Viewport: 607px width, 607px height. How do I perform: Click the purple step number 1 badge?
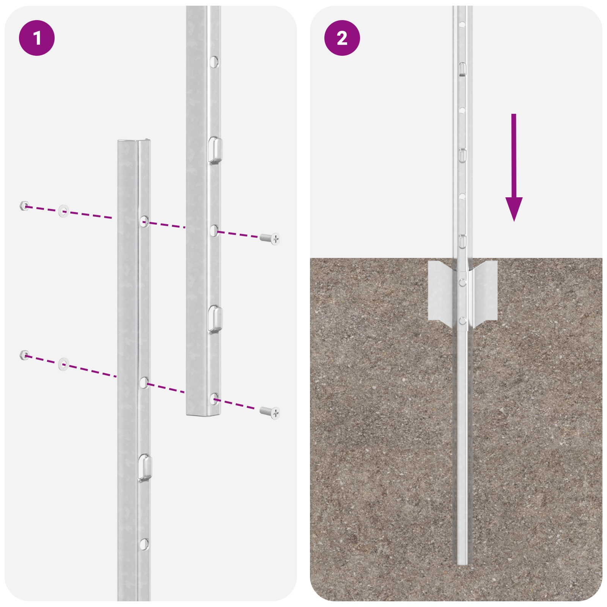pos(37,38)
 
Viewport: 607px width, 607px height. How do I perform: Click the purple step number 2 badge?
pos(342,38)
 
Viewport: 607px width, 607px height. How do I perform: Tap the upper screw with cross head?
pos(270,238)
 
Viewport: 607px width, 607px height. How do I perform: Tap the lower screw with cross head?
pos(270,412)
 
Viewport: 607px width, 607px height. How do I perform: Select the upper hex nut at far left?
pos(24,206)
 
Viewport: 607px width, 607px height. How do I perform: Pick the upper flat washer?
pos(63,211)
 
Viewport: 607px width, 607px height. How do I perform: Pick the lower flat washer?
pos(63,364)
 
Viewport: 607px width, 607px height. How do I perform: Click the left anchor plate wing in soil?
pos(442,292)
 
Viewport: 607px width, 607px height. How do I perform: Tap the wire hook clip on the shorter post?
pos(145,467)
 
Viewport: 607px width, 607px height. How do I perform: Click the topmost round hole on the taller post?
pos(214,61)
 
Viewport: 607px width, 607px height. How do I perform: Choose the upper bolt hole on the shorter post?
pos(144,221)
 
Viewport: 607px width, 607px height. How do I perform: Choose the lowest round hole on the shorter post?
pos(144,544)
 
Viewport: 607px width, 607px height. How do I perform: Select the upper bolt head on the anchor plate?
pos(462,282)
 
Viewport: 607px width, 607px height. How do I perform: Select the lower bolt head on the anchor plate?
pos(462,321)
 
